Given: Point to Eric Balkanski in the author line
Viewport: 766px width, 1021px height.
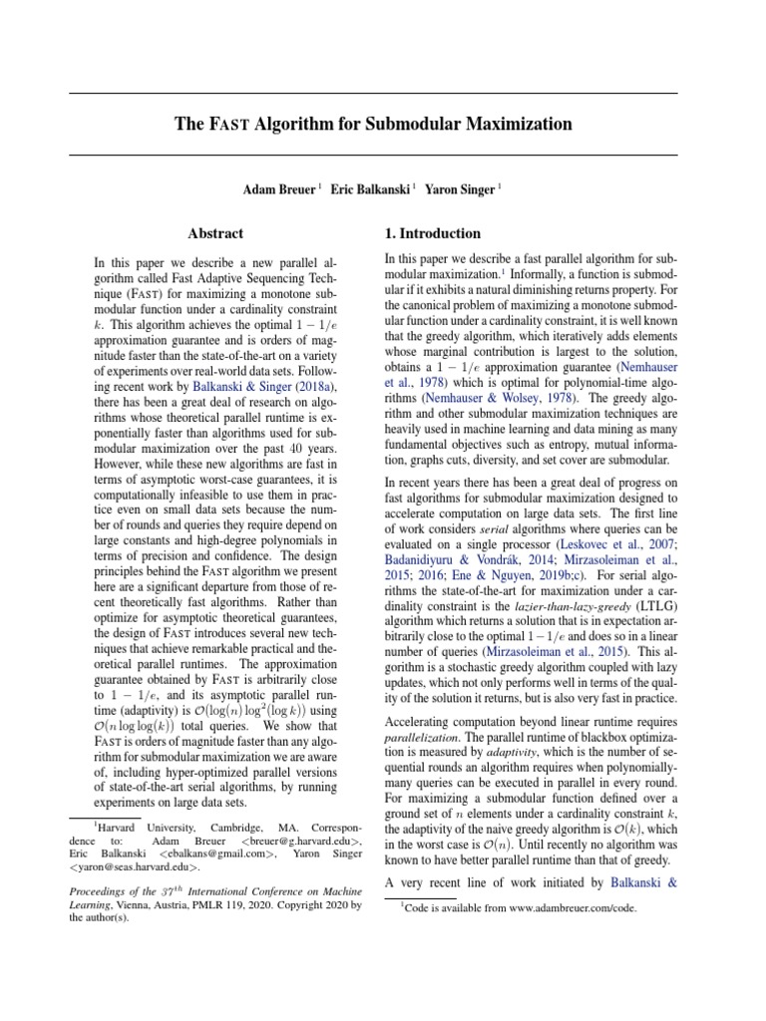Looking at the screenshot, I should pyautogui.click(x=369, y=187).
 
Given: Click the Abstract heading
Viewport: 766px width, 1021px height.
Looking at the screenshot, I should pyautogui.click(x=215, y=234).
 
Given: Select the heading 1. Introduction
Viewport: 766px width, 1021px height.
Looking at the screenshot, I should pyautogui.click(x=432, y=233).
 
